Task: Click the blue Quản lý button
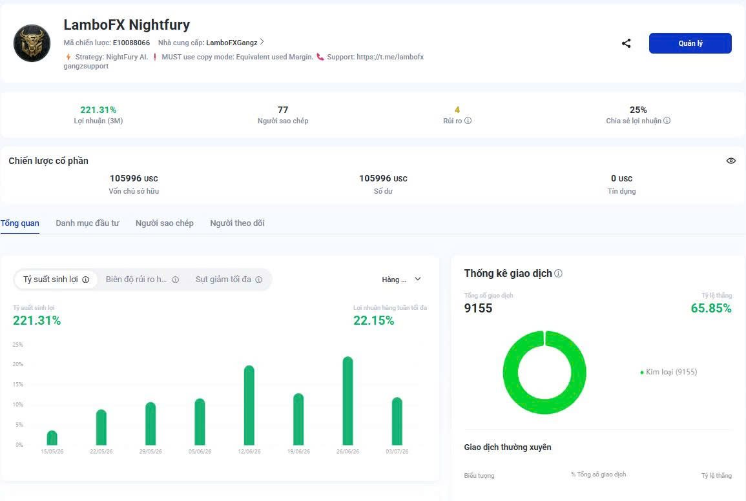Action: (x=690, y=43)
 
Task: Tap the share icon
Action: (x=626, y=43)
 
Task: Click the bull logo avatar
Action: (x=32, y=43)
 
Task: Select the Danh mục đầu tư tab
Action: (x=87, y=223)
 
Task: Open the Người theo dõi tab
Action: (x=238, y=223)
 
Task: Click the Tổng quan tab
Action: (x=20, y=223)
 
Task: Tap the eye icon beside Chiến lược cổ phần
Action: (x=731, y=161)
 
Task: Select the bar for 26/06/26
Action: (x=347, y=401)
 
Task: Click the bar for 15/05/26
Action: (x=52, y=438)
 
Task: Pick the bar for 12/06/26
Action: (x=249, y=405)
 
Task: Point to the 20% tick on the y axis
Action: (x=17, y=364)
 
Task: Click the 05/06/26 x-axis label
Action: (x=200, y=451)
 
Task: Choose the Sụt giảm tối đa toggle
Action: (x=229, y=280)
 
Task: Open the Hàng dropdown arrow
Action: (x=418, y=280)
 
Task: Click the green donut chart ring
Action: (x=510, y=373)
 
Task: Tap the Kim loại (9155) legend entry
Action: (x=668, y=372)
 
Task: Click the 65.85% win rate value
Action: (x=710, y=309)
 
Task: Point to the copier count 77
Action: (x=283, y=110)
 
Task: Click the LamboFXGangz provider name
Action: (x=232, y=43)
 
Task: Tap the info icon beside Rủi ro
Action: (x=468, y=121)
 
